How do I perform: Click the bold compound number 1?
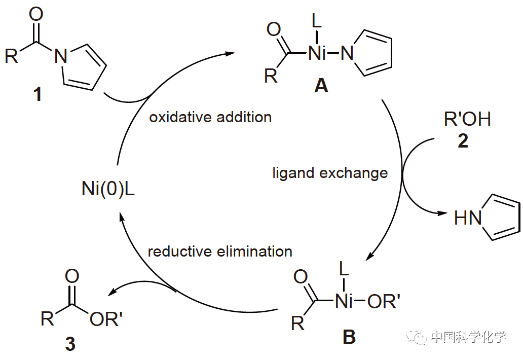pyautogui.click(x=38, y=95)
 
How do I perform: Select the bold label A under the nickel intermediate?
pyautogui.click(x=321, y=87)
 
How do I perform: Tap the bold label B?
pyautogui.click(x=349, y=337)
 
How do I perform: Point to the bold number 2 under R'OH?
pyautogui.click(x=463, y=141)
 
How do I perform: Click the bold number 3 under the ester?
pyautogui.click(x=70, y=345)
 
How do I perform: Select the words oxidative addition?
pyautogui.click(x=210, y=117)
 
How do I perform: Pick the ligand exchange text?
pyautogui.click(x=330, y=173)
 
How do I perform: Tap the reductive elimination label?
pyautogui.click(x=220, y=251)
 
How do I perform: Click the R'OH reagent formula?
pyautogui.click(x=467, y=120)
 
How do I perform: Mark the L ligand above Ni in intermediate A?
pyautogui.click(x=316, y=21)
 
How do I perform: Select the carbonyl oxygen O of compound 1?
pyautogui.click(x=36, y=14)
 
